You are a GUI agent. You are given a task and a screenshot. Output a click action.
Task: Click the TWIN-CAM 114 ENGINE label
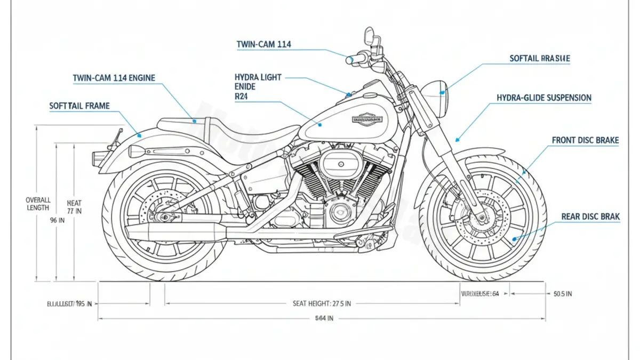114,78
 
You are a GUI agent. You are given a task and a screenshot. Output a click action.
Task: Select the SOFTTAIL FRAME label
79,106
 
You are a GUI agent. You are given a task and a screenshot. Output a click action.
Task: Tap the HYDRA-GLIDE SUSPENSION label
543,98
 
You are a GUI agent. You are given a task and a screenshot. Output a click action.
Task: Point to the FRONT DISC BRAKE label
585,140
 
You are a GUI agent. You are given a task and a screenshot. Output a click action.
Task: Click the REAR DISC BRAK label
590,217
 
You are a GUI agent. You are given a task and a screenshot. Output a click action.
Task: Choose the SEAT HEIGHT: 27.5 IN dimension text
322,303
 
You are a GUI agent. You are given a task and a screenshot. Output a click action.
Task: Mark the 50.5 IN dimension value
563,293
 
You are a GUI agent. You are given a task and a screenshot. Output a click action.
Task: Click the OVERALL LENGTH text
38,204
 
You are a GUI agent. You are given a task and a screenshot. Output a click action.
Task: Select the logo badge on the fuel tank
367,120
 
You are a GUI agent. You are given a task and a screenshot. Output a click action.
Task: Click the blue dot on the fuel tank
321,125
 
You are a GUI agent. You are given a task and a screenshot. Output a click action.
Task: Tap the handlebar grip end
349,60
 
